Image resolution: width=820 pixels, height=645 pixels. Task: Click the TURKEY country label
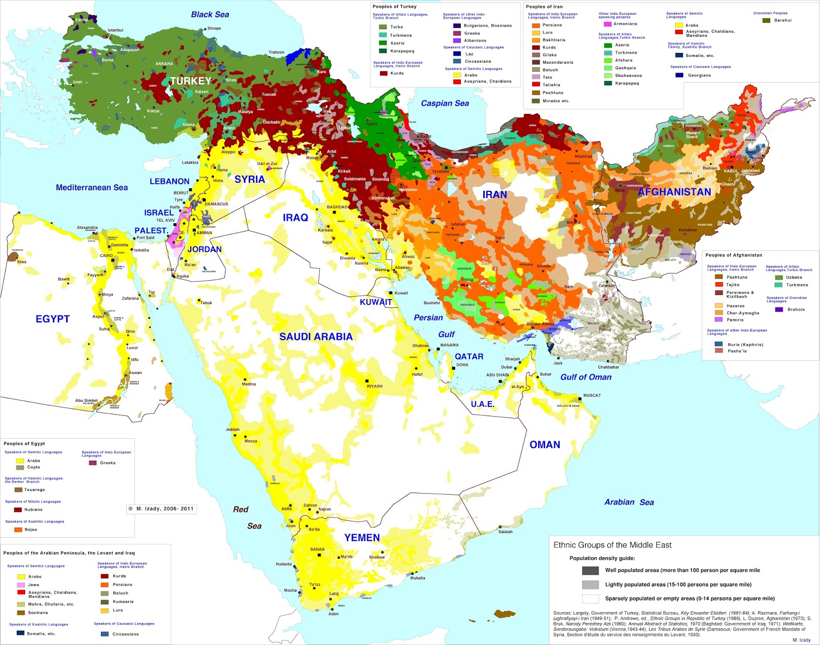point(191,81)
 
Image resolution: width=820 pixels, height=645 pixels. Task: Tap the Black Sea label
point(210,14)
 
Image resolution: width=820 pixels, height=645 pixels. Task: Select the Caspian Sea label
point(445,103)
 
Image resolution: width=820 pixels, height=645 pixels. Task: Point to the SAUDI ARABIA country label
point(316,337)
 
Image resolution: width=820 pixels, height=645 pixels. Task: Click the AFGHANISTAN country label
point(674,192)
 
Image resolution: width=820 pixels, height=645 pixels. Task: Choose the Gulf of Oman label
point(586,377)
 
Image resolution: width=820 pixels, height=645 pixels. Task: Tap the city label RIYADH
point(375,386)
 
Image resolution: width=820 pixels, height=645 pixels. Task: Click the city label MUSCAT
point(592,395)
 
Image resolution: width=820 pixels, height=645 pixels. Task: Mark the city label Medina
point(249,384)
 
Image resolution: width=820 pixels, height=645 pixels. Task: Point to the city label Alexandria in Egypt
point(87,227)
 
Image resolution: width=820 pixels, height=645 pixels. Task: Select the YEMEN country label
point(362,538)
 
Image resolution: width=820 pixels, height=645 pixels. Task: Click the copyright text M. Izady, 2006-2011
point(161,509)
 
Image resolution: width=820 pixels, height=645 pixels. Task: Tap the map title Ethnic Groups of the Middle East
point(612,545)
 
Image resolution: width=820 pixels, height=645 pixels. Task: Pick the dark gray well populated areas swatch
point(590,571)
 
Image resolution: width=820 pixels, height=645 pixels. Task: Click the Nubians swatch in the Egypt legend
point(18,510)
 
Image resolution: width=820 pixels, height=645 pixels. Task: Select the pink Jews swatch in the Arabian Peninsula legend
point(21,585)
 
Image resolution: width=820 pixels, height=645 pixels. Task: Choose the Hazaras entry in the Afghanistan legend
point(735,306)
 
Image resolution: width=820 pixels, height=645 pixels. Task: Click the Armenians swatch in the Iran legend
point(608,24)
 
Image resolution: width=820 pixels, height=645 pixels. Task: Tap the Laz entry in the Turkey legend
point(469,54)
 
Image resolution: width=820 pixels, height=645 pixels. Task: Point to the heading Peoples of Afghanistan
point(733,255)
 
